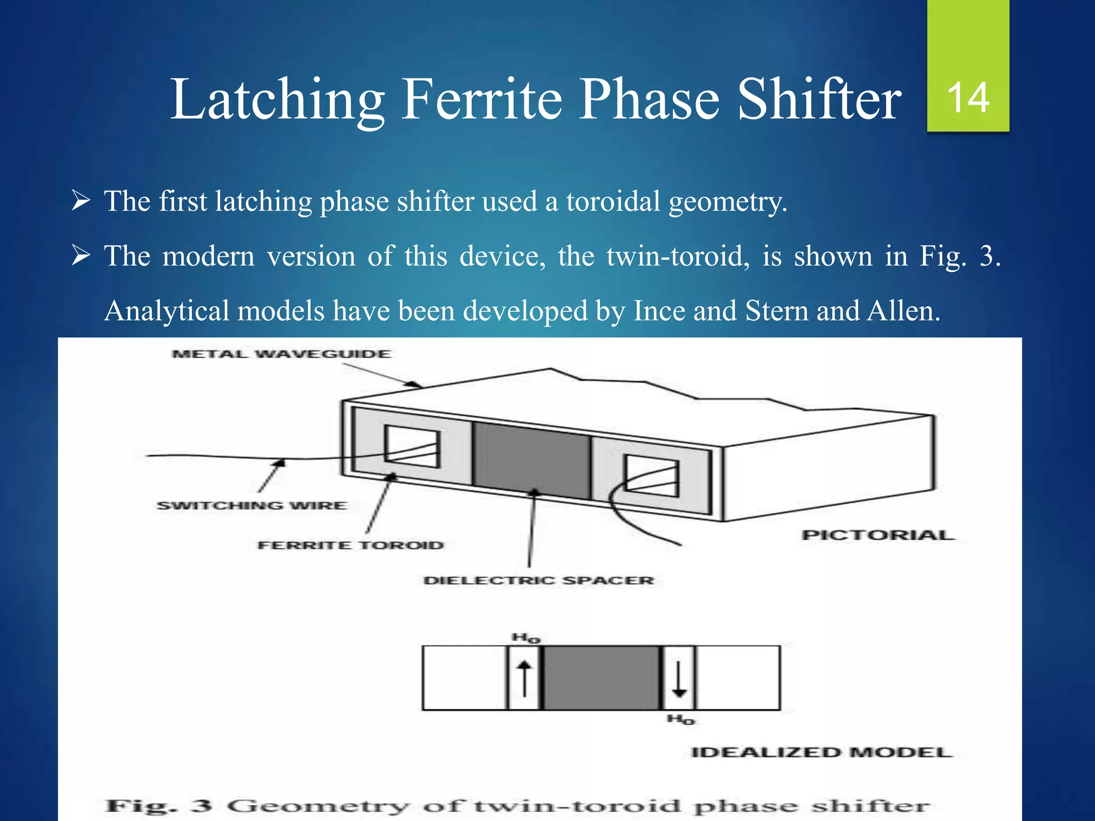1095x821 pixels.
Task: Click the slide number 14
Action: pos(968,98)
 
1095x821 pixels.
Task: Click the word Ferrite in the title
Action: pos(481,99)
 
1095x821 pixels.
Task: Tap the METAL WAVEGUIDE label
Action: pos(281,354)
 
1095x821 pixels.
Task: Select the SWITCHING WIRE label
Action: pos(251,506)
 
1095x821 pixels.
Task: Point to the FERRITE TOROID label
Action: pos(351,545)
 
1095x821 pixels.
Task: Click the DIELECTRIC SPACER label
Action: pos(538,580)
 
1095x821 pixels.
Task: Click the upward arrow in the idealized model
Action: pos(525,678)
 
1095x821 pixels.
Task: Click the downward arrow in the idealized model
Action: pos(679,678)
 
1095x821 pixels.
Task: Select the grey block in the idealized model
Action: pos(602,678)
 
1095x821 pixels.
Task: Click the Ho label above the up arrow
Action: pos(526,638)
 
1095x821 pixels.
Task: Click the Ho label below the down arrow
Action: pos(681,719)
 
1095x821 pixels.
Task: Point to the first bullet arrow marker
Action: pos(80,202)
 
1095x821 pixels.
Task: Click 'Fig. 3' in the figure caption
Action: pos(159,805)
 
